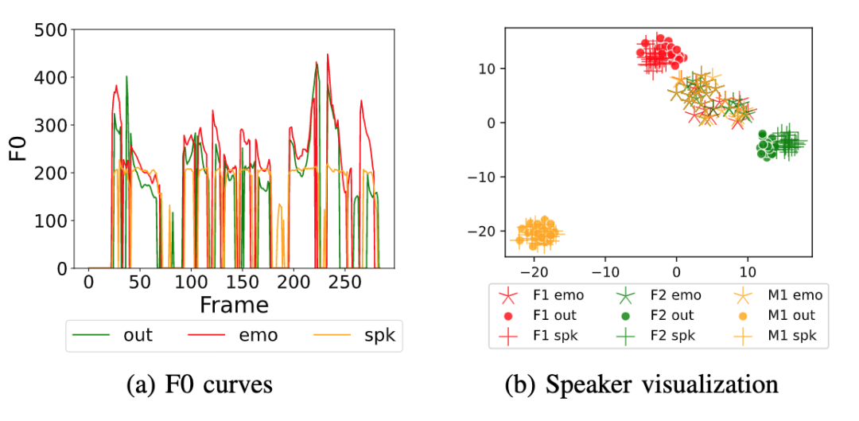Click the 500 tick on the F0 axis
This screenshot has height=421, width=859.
(49, 30)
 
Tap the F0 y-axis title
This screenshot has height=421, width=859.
(17, 150)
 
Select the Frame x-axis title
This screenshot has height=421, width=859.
(234, 305)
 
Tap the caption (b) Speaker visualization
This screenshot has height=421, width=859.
(642, 385)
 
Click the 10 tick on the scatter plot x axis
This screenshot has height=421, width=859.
(746, 268)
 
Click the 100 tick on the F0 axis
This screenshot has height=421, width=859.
(49, 221)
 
